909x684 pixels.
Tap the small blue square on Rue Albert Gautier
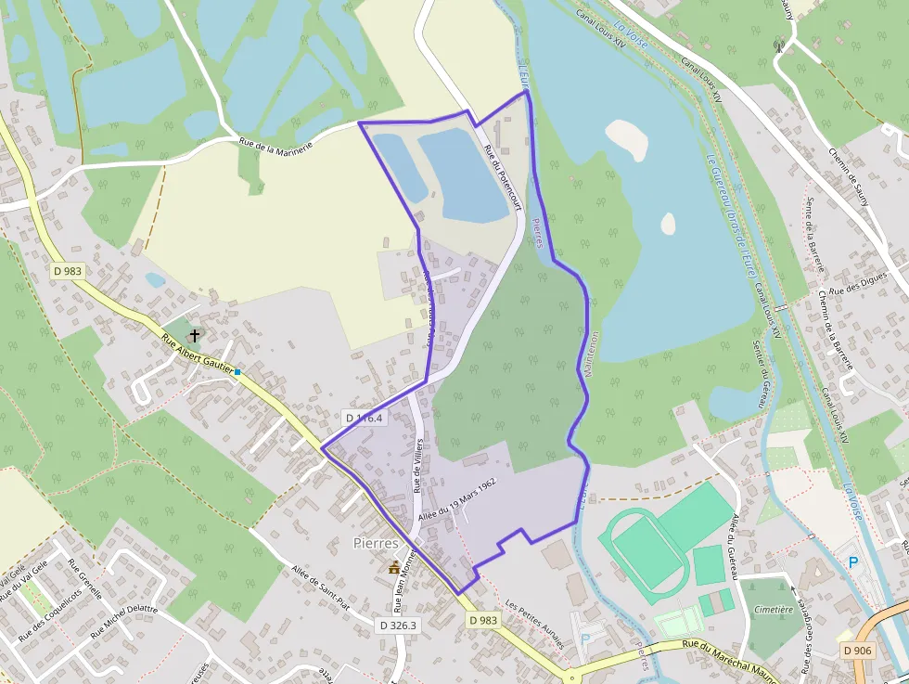(x=237, y=372)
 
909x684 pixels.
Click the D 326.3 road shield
(x=398, y=626)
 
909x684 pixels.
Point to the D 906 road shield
(x=859, y=651)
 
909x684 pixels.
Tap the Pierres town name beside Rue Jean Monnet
(x=376, y=543)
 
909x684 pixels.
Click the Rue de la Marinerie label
(x=275, y=139)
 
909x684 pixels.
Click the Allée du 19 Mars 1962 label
(x=457, y=499)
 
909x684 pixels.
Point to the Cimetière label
(x=774, y=610)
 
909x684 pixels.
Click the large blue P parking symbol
(x=853, y=561)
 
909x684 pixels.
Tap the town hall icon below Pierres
(x=394, y=567)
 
